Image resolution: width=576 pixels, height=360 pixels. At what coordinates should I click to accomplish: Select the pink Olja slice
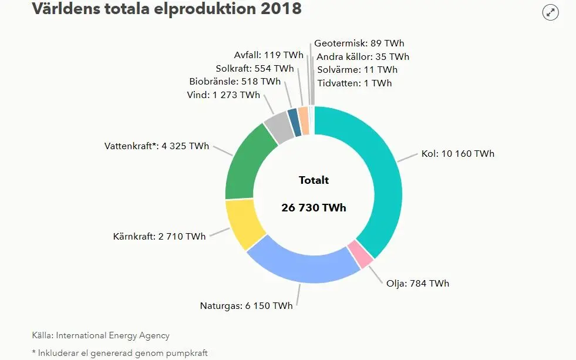point(360,254)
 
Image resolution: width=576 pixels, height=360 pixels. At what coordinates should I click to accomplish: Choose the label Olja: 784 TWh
point(417,283)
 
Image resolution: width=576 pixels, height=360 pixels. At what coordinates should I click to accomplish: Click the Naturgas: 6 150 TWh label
point(247,305)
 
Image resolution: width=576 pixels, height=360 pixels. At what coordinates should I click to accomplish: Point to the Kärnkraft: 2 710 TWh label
point(159,237)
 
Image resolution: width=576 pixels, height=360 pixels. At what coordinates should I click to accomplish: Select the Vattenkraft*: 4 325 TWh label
point(156,146)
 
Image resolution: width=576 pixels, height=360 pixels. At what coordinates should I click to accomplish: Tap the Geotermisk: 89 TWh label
point(359,43)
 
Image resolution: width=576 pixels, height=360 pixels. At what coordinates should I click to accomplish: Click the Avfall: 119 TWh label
point(268,55)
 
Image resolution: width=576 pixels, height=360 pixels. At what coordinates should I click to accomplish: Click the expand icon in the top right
point(550,12)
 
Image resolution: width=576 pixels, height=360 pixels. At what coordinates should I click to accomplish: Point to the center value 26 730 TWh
point(314,208)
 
